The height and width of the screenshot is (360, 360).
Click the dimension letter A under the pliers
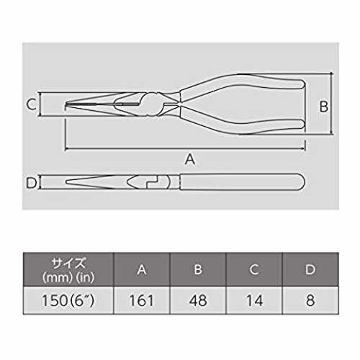tap(190, 159)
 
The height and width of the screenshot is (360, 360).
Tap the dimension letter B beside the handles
tap(324, 107)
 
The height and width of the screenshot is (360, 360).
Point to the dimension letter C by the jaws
tap(31, 104)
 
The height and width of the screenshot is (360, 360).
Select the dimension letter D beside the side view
tap(31, 183)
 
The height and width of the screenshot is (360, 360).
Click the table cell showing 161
tap(142, 300)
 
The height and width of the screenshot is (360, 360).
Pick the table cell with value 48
tap(198, 300)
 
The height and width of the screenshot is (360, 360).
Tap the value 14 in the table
tap(254, 300)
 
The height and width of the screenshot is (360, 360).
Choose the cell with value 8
tap(310, 300)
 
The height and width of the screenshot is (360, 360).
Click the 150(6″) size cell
tap(68, 300)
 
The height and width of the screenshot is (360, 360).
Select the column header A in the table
tap(142, 269)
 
